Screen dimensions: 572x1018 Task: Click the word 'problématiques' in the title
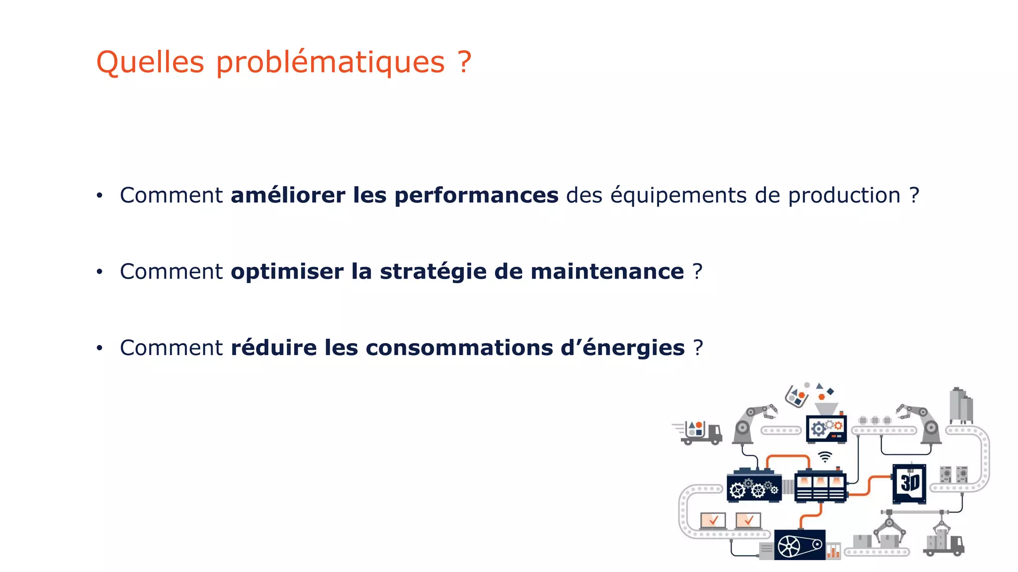coord(330,63)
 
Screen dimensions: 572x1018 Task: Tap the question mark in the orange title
coord(464,62)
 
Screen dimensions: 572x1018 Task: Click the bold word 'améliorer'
coord(288,195)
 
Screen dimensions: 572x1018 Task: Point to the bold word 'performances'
coord(476,195)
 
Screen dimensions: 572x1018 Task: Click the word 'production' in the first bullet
coord(844,195)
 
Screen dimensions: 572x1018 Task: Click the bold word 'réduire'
coord(273,348)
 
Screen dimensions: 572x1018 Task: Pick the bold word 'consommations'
coord(459,348)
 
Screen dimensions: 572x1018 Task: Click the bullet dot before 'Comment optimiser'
coord(99,272)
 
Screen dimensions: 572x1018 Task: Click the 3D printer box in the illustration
coord(909,483)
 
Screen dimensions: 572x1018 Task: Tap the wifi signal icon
coord(825,456)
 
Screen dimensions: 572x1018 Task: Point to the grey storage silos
coord(960,406)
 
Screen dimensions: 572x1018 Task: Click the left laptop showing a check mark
coord(713,521)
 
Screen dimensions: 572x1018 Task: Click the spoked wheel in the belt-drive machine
coord(789,547)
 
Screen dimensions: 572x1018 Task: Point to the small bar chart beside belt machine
coord(834,551)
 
